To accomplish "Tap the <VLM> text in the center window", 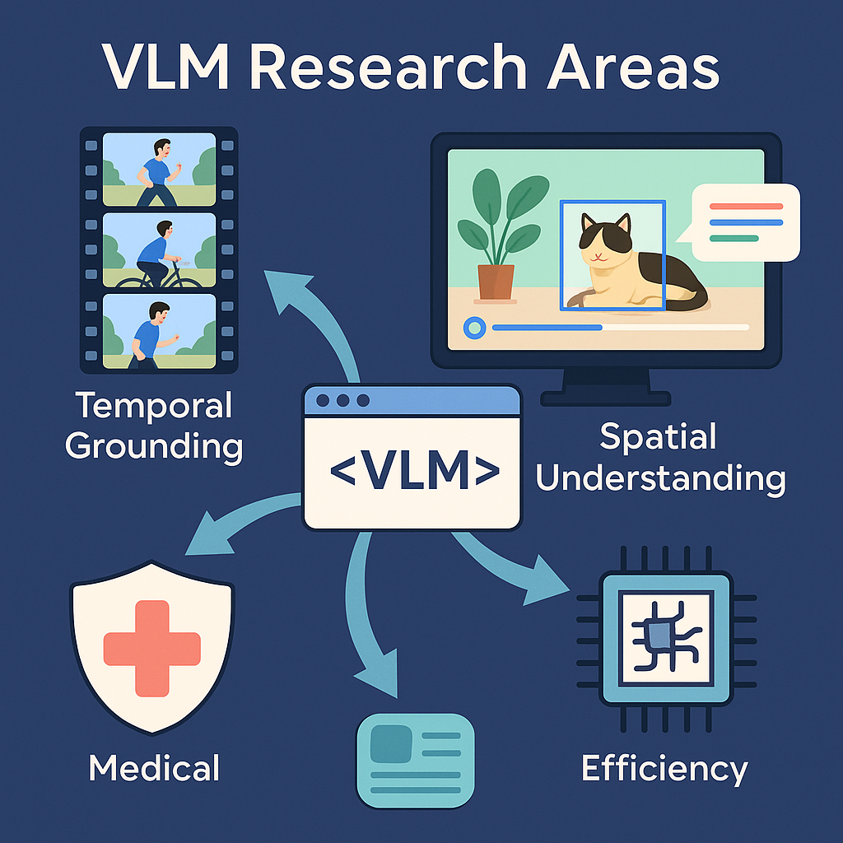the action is (413, 470).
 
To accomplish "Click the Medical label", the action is (154, 767).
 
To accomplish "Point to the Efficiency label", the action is (664, 769).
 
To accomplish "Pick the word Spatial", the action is (659, 436).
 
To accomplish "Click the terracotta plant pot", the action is (496, 281).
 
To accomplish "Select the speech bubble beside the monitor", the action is (746, 221).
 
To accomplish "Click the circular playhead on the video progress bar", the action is (474, 328).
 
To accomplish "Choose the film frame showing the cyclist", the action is (159, 249).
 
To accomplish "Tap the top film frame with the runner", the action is (159, 169).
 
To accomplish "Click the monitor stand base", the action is (606, 398).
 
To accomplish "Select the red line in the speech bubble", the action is (746, 207).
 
